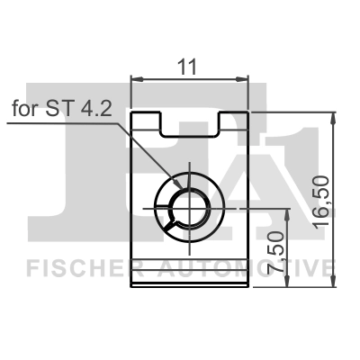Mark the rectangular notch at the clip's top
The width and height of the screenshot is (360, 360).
pyautogui.click(x=190, y=124)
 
